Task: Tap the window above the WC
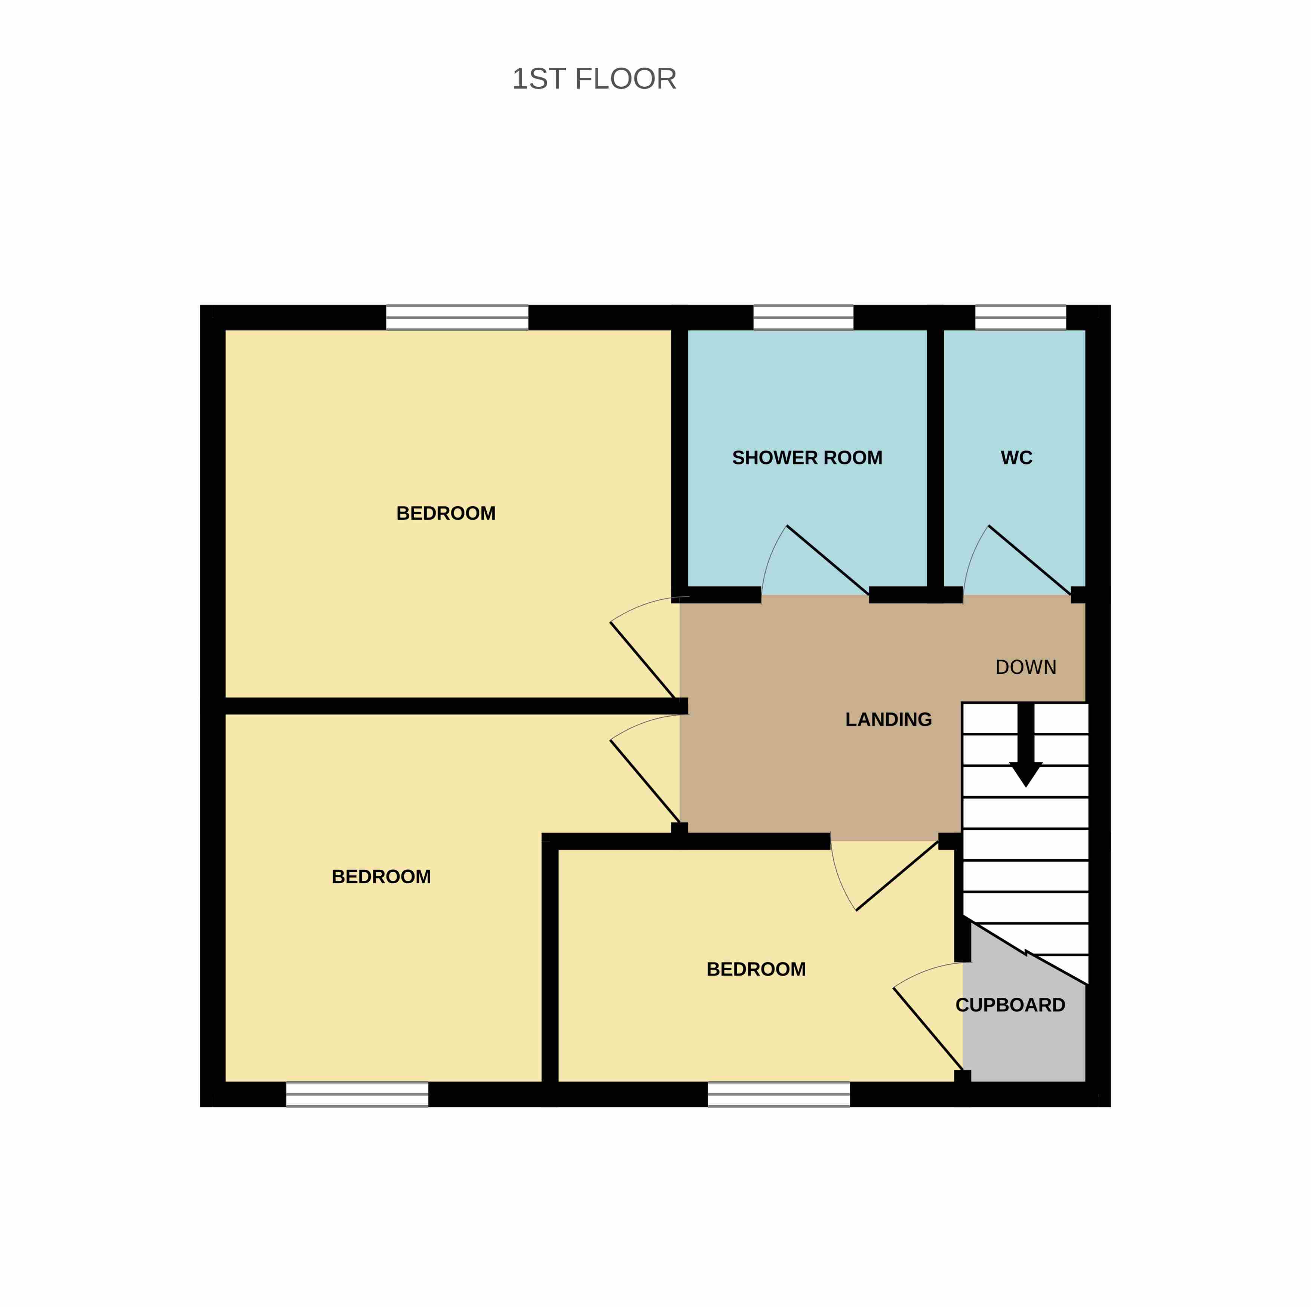click(1021, 318)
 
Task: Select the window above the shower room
click(803, 318)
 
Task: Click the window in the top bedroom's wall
click(457, 318)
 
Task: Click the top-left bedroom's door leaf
click(644, 660)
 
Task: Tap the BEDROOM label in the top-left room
click(446, 513)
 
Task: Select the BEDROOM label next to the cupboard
click(756, 969)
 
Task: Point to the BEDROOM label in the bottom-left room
click(381, 877)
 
